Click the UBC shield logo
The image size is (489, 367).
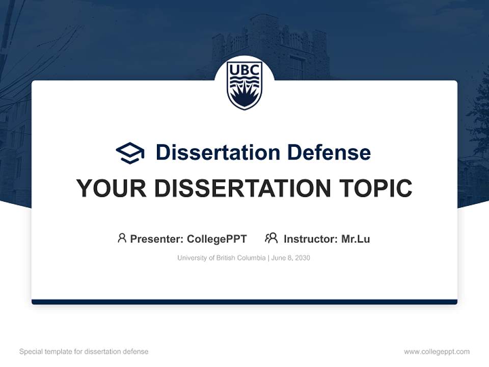tap(244, 85)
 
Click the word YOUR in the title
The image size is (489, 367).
tap(112, 189)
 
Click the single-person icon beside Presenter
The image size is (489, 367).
tap(122, 238)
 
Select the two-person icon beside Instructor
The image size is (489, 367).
tap(271, 238)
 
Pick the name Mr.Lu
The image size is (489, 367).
tap(356, 239)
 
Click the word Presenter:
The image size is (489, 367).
tap(157, 239)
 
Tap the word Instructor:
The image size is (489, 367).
tap(310, 239)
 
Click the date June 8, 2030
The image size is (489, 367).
tap(291, 258)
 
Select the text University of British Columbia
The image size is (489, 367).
tap(221, 258)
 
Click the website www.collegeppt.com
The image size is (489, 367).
tap(437, 352)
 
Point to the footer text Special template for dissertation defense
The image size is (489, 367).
tap(84, 352)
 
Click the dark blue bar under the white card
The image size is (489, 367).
tap(244, 302)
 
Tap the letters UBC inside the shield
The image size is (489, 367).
tap(244, 69)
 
